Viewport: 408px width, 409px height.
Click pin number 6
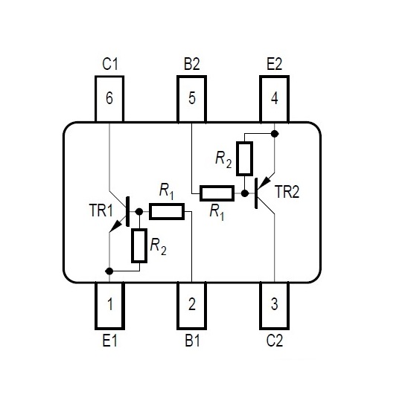109,99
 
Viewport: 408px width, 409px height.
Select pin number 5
192,99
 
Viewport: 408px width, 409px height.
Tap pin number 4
275,99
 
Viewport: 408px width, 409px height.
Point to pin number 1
109,306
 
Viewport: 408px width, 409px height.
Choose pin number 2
192,306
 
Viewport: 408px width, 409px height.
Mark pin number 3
275,306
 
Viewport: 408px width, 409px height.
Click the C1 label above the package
110,64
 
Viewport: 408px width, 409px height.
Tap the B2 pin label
192,64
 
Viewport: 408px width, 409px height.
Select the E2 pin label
275,64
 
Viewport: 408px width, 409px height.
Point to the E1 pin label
110,341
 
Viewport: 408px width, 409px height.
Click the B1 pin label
193,341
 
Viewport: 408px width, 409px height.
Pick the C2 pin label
275,341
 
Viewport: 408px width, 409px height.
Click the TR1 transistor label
101,210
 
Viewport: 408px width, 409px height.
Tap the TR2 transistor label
287,192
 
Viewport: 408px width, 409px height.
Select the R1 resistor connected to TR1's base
167,211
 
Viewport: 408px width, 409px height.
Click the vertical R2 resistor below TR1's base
139,245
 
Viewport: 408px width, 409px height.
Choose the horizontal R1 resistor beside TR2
217,193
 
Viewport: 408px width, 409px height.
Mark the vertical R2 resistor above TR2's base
244,158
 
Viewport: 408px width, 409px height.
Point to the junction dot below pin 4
275,134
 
